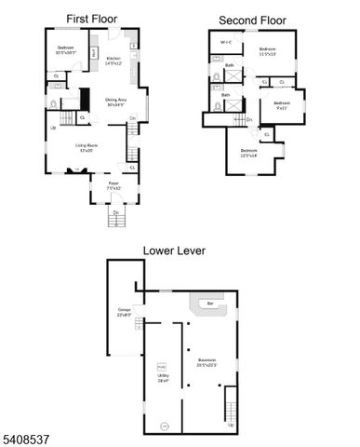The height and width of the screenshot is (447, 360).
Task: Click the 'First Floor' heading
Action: (x=91, y=18)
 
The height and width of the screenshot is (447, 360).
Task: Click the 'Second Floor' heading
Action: (x=251, y=20)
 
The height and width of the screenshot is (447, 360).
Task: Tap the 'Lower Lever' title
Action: (x=175, y=250)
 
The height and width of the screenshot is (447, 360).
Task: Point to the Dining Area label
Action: (x=116, y=102)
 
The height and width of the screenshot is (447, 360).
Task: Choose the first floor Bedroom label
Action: (x=65, y=50)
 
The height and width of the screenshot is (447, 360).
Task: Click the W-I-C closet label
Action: (x=226, y=43)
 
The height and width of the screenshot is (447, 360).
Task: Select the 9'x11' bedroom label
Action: (x=281, y=105)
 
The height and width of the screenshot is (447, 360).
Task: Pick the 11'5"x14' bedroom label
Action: (x=248, y=152)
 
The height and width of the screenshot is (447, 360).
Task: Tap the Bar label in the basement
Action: (x=210, y=303)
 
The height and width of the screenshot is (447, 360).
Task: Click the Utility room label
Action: (x=163, y=378)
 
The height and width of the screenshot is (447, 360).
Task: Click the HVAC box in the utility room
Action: (x=160, y=364)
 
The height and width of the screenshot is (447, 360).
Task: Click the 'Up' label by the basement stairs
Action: (x=231, y=425)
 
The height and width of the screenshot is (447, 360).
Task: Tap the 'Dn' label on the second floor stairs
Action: (x=248, y=120)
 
